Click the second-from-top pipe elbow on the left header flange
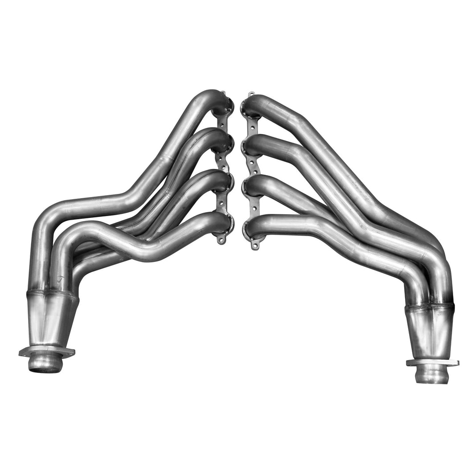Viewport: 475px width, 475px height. (x=221, y=141)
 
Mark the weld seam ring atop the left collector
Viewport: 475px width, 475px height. (x=52, y=295)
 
